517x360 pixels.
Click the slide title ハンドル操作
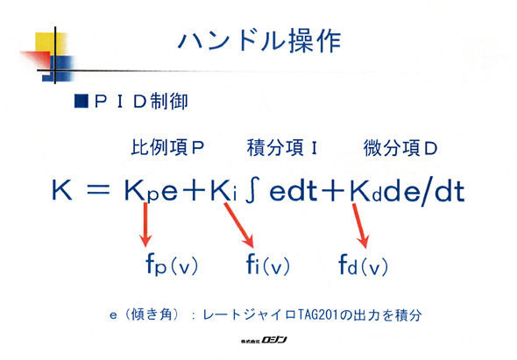(259, 41)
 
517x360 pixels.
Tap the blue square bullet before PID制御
(81, 102)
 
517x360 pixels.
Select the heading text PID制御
(141, 102)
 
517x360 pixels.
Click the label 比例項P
(167, 147)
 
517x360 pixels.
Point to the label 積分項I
(282, 147)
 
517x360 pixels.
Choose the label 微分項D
(400, 148)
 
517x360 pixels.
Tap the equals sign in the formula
(98, 191)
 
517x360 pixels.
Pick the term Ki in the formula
(223, 191)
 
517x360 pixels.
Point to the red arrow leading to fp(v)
(145, 224)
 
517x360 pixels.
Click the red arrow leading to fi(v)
(239, 225)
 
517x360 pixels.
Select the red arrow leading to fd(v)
(360, 226)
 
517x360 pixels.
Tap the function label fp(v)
(172, 265)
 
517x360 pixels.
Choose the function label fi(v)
(268, 265)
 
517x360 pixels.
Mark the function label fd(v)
(364, 265)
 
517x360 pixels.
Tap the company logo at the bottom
(264, 340)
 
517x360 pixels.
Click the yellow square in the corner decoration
(46, 43)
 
